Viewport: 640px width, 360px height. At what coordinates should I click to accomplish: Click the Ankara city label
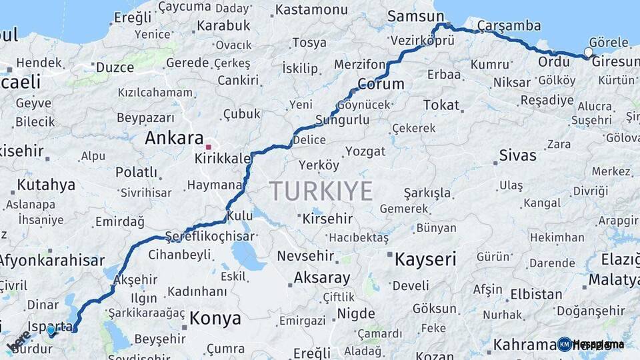tap(174, 139)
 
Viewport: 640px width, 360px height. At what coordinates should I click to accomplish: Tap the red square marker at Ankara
tap(209, 147)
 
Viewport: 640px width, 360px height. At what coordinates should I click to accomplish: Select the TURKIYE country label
tap(321, 191)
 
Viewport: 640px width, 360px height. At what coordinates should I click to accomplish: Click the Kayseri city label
tap(426, 259)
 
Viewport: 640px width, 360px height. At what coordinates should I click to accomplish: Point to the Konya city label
tap(215, 318)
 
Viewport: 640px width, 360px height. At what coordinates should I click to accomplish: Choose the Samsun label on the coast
tap(415, 16)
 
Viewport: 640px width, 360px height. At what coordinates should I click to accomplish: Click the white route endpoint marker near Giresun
tap(588, 52)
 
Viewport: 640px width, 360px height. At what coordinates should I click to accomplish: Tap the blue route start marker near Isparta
tap(51, 330)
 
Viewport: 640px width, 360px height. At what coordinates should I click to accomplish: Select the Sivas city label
tap(517, 155)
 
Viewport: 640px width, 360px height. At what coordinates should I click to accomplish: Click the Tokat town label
tap(441, 105)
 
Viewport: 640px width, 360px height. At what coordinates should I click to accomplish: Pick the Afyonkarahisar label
tap(51, 261)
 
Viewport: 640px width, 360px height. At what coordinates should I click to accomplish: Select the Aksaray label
tap(321, 278)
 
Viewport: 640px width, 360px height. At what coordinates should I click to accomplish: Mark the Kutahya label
tap(46, 185)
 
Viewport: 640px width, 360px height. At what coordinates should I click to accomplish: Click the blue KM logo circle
tap(565, 344)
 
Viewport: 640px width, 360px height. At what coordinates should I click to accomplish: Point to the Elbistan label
tap(536, 294)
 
